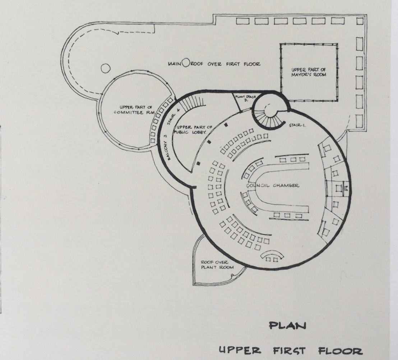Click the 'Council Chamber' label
click(273, 186)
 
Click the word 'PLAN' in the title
click(288, 326)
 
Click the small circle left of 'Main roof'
click(105, 68)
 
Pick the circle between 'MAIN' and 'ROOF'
click(186, 64)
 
